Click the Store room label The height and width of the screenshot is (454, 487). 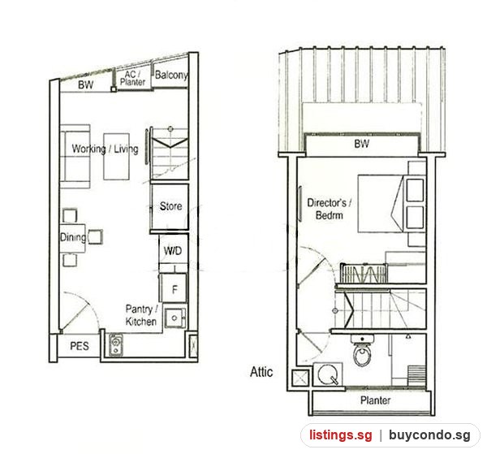coord(170,206)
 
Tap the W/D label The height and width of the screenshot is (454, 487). coord(173,251)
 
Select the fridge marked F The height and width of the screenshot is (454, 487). coord(174,288)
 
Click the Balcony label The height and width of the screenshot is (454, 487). coord(171,75)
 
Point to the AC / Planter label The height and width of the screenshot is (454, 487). coord(132,78)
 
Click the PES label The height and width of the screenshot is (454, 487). coord(80,346)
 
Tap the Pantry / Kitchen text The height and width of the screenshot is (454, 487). coord(141,315)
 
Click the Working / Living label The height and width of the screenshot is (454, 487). coord(105,149)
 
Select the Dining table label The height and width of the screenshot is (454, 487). coord(73,237)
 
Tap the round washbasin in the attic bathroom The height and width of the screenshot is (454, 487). coord(328,374)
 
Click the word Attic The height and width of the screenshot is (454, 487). coord(261,372)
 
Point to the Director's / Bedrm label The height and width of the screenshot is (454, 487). coord(330,209)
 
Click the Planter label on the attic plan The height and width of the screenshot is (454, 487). coord(375,400)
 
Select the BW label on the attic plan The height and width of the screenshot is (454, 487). coord(362,144)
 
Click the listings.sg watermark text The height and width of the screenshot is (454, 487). coord(340,435)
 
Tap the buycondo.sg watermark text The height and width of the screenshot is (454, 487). coord(429,435)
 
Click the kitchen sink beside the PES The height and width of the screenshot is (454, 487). coord(115,345)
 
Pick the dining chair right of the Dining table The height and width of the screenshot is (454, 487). coord(95,237)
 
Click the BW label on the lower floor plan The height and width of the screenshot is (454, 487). coord(85,84)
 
